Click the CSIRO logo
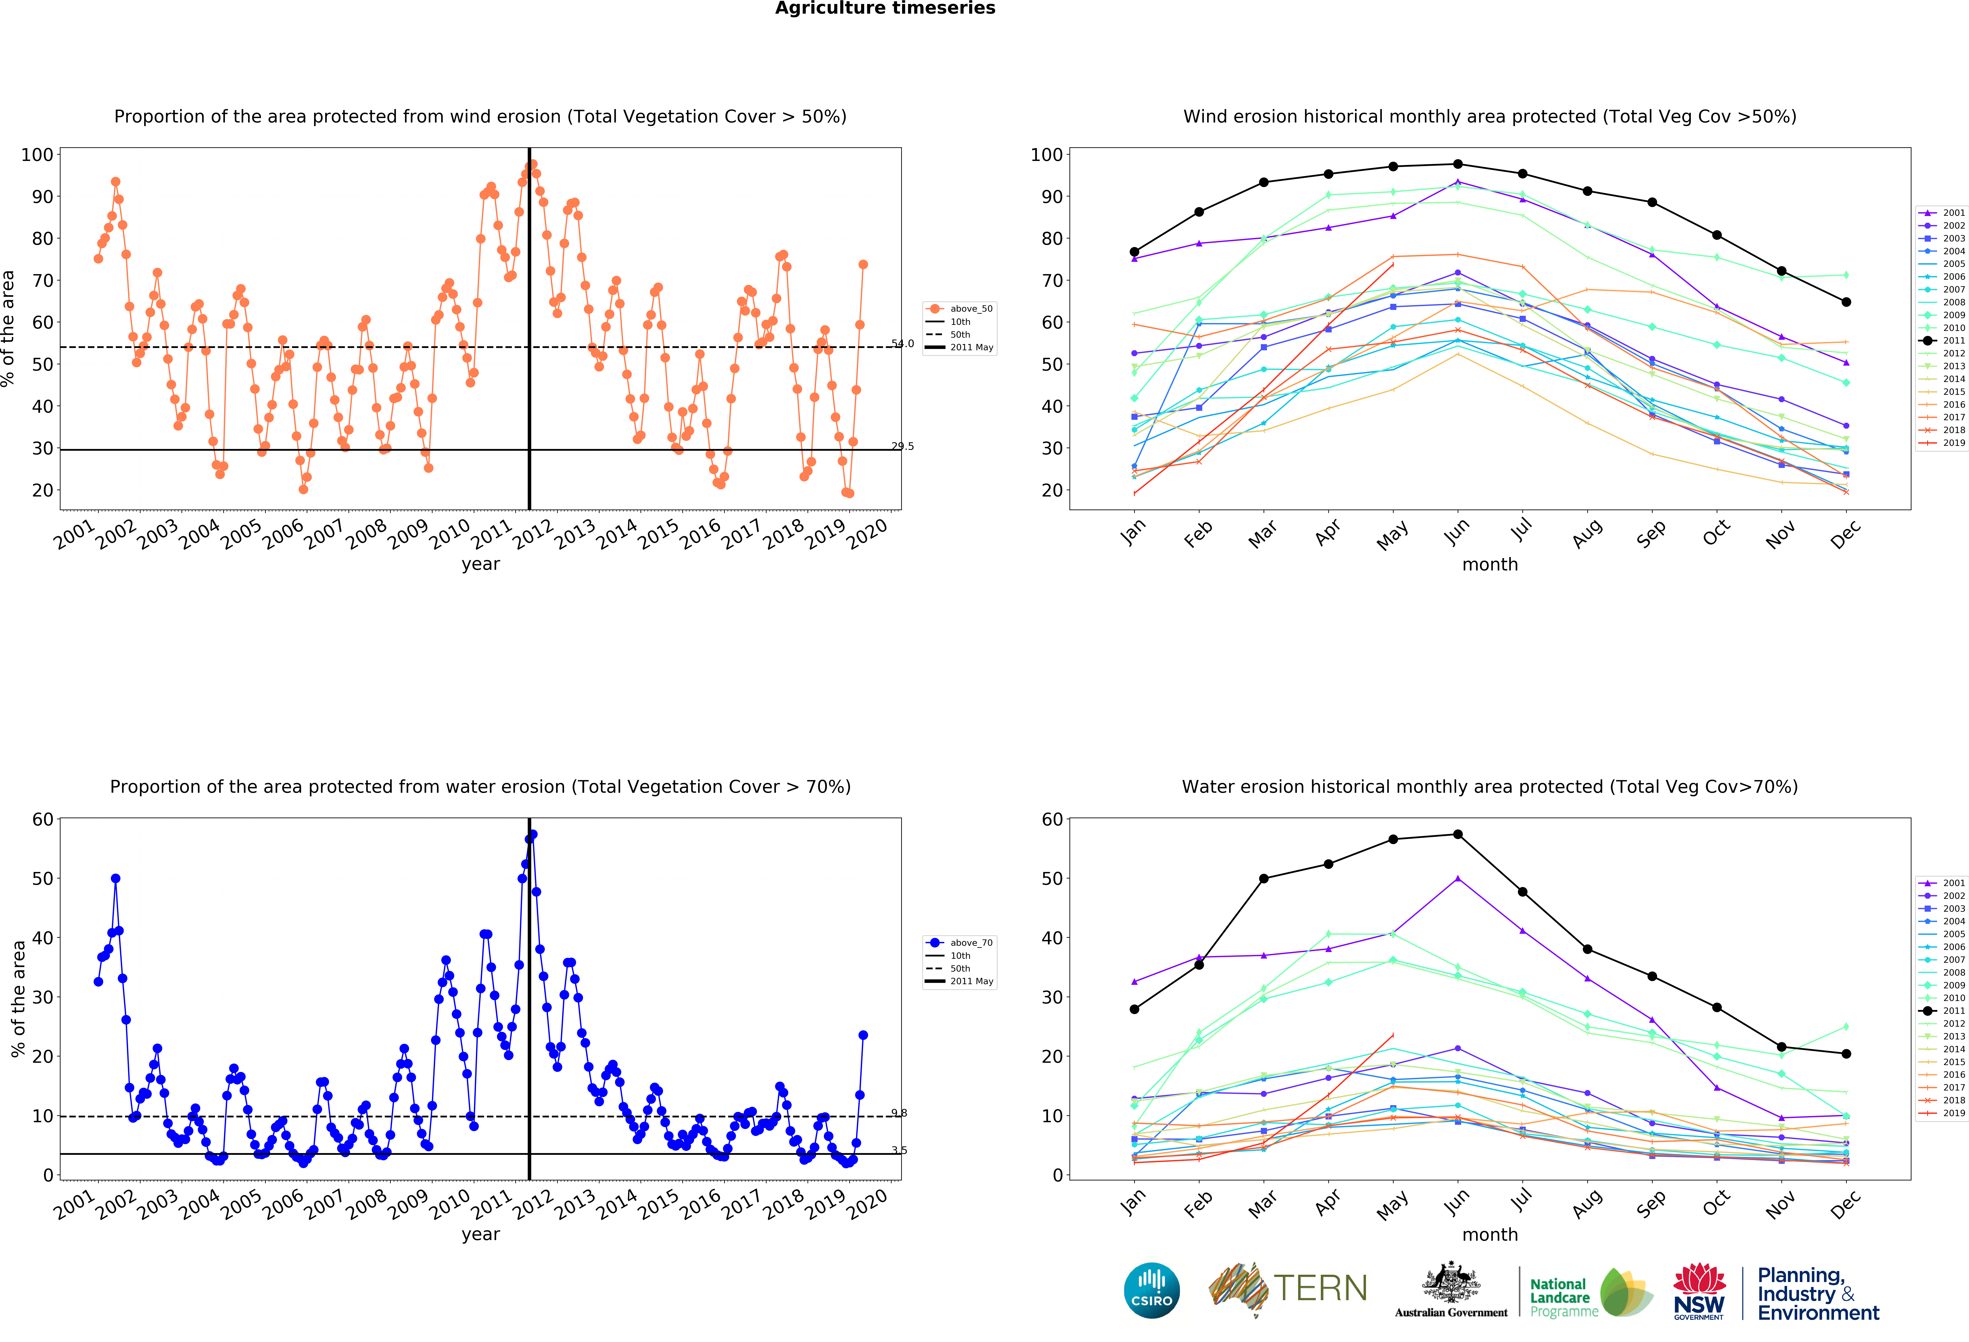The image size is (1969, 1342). (1151, 1290)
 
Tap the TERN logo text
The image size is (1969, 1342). (1320, 1289)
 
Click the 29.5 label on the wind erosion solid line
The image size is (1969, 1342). (902, 446)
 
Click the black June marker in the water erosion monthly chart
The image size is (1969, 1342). (1457, 835)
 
